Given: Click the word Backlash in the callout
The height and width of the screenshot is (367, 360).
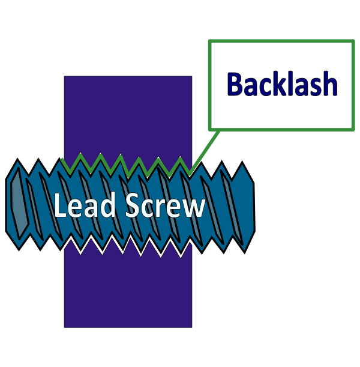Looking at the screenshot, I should [281, 85].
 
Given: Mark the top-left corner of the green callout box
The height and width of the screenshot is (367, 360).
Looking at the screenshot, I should [209, 41].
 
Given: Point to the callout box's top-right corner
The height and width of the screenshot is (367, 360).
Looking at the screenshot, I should [353, 41].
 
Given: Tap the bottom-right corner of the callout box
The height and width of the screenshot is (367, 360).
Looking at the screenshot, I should [353, 129].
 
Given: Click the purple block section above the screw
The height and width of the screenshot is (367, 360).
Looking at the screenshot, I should [128, 114].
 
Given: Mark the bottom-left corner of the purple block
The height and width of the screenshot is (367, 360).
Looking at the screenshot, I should [64, 327].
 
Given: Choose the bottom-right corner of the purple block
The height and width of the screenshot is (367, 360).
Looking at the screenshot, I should [192, 327].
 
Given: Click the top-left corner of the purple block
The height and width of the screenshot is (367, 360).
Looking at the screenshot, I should [64, 76].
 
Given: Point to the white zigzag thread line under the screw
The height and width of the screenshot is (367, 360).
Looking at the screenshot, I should [126, 246].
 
